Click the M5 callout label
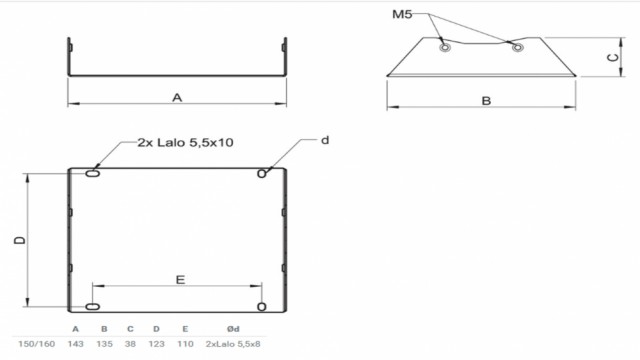click(x=402, y=15)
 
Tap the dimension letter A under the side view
click(x=177, y=98)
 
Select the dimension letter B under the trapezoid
click(x=486, y=101)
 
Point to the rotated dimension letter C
click(x=613, y=58)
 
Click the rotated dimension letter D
click(x=20, y=240)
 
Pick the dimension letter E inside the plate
click(x=180, y=280)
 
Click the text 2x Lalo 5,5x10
click(x=185, y=142)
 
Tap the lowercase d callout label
click(x=325, y=140)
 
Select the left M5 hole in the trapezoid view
click(x=445, y=47)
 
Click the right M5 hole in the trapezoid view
click(x=518, y=47)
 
